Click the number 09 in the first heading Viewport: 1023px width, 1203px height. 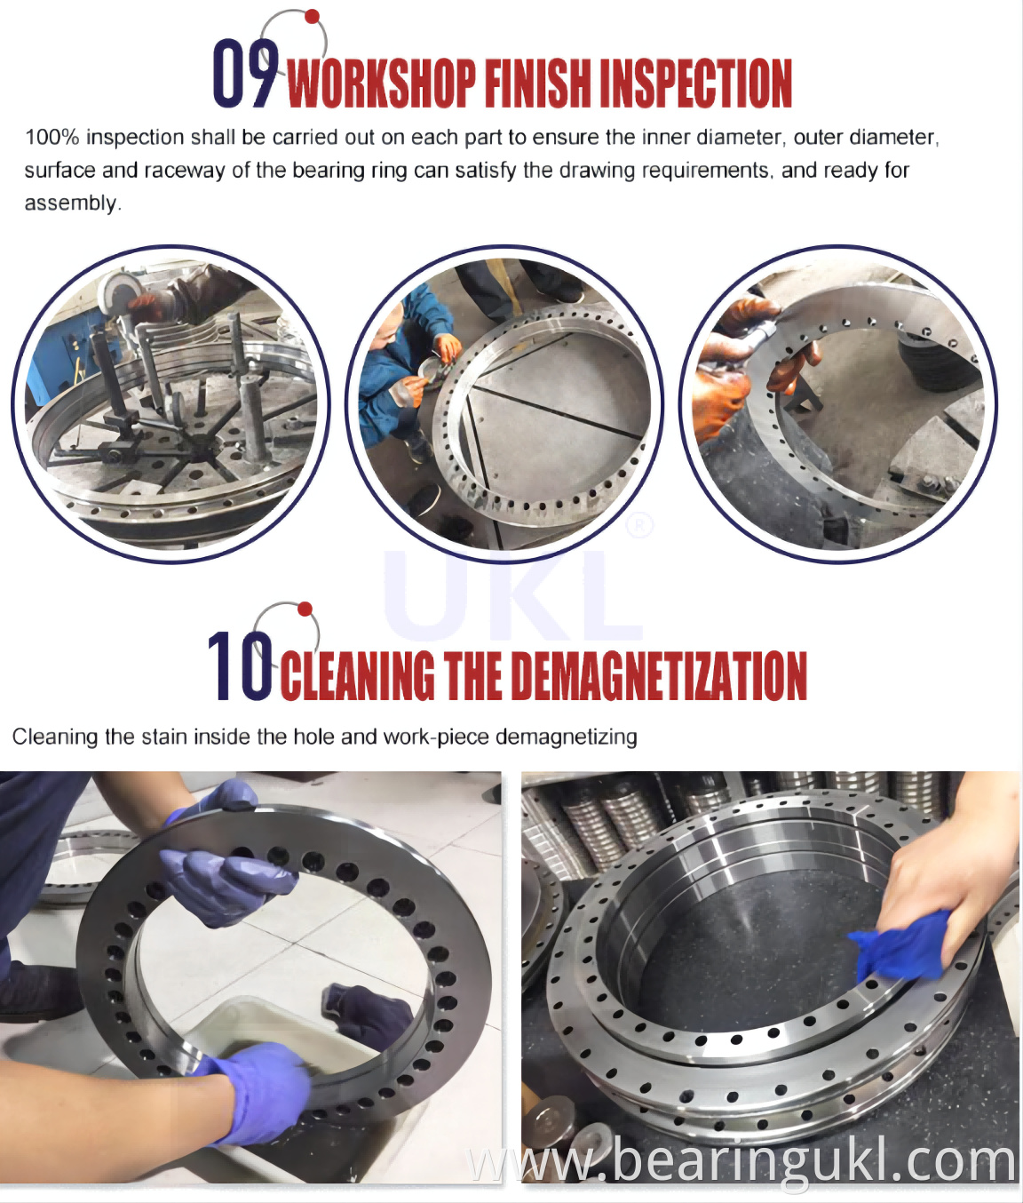click(244, 74)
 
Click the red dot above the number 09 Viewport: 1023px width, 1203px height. click(313, 16)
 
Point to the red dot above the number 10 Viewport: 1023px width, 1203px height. click(305, 609)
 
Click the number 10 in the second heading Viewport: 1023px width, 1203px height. click(240, 665)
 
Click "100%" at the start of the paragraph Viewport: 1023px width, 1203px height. click(52, 138)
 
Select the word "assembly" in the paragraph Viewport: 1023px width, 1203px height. click(71, 203)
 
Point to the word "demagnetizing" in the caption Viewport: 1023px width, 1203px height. click(566, 737)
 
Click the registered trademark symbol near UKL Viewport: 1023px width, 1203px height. click(639, 526)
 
